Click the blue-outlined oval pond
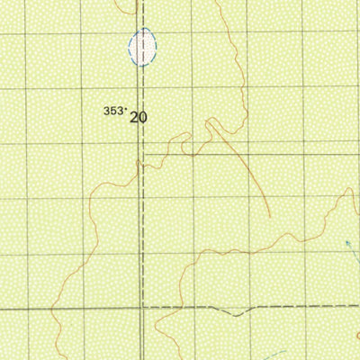(x=142, y=46)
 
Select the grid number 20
(x=138, y=116)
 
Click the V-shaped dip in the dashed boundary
(x=236, y=314)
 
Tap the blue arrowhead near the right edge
(x=348, y=243)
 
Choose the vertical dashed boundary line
(x=140, y=225)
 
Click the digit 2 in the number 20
(x=133, y=116)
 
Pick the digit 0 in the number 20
(x=142, y=116)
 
